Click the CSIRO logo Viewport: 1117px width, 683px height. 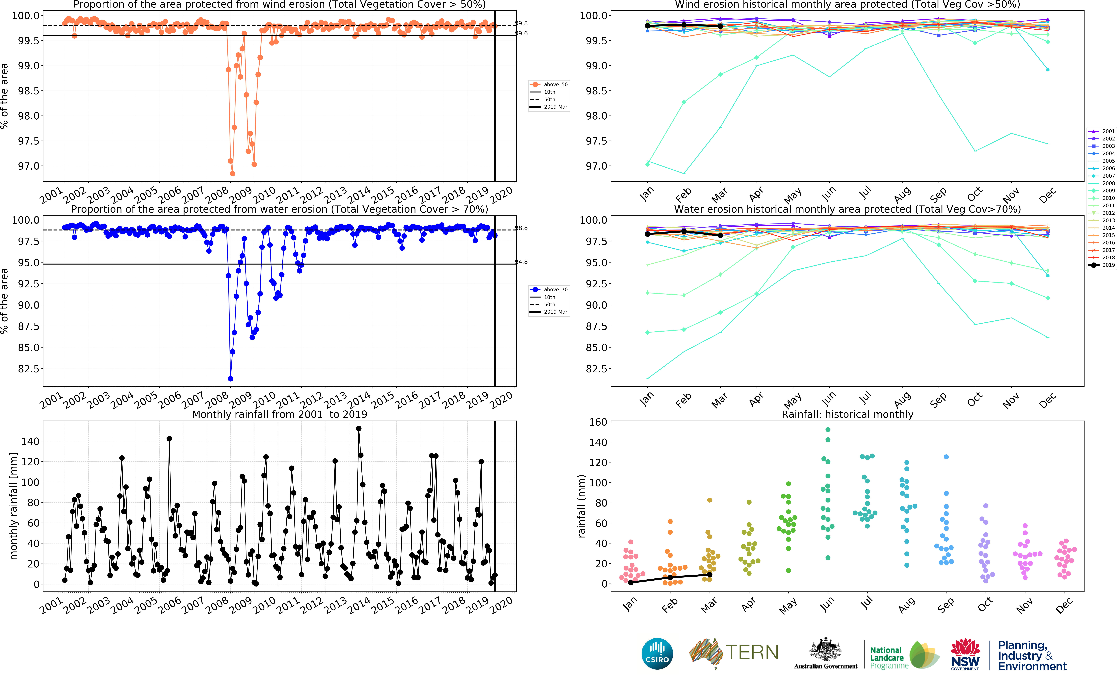click(657, 654)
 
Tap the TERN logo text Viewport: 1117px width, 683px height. click(752, 653)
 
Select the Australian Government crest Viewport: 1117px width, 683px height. click(825, 649)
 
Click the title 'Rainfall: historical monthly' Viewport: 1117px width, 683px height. click(847, 414)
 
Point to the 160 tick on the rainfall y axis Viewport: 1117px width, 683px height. click(597, 422)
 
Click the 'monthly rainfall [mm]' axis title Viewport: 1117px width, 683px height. click(14, 506)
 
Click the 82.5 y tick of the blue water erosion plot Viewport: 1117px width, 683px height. click(28, 369)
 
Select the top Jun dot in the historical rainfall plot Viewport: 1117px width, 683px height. click(828, 429)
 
